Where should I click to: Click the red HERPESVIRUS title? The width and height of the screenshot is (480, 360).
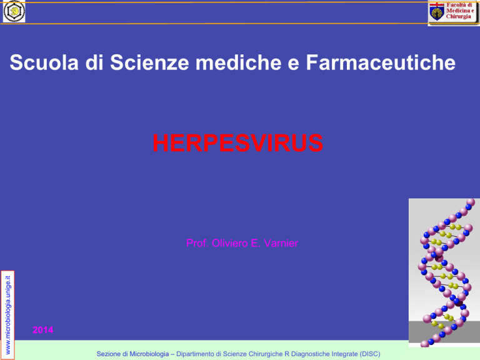(238, 143)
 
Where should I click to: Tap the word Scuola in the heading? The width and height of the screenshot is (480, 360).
(44, 62)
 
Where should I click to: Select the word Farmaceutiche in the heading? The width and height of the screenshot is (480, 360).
(381, 62)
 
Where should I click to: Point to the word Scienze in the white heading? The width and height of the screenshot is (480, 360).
(149, 62)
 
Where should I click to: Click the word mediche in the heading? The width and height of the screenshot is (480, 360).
(239, 62)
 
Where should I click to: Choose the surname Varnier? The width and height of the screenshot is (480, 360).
(281, 243)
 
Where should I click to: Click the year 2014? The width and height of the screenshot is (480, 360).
(43, 330)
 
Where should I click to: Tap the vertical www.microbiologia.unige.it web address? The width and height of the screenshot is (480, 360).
(8, 315)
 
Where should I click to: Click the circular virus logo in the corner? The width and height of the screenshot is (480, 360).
(14, 11)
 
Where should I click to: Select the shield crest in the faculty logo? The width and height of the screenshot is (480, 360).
(437, 13)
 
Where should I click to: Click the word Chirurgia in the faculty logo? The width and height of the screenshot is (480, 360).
(458, 16)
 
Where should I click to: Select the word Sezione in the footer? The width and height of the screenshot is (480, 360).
(109, 354)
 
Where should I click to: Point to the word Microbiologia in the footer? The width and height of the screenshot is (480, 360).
(149, 354)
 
